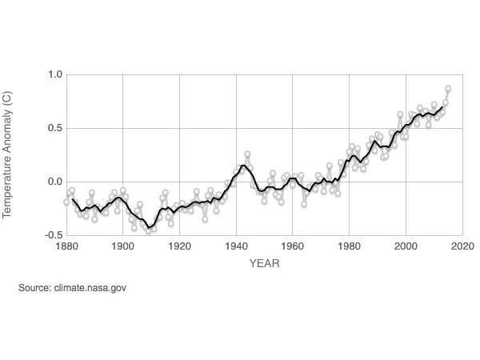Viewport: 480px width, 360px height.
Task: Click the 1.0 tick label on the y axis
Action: click(x=54, y=74)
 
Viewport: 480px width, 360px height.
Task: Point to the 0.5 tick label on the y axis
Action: click(x=54, y=128)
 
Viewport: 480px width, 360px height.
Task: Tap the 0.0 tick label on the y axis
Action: click(x=54, y=182)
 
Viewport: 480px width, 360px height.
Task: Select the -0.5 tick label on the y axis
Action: click(x=52, y=235)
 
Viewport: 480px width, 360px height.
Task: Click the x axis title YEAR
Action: click(x=264, y=262)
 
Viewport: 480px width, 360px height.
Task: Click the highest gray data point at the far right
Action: click(x=448, y=89)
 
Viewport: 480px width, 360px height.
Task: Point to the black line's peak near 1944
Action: click(x=243, y=166)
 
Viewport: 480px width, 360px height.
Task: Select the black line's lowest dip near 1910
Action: click(x=150, y=227)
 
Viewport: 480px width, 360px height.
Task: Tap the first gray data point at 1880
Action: click(x=67, y=202)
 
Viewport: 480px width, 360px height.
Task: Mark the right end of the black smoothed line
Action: click(x=442, y=106)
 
